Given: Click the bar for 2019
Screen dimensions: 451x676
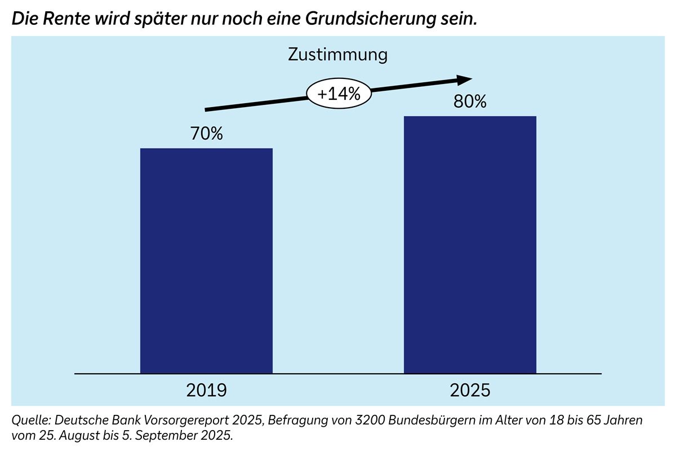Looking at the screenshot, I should [206, 260].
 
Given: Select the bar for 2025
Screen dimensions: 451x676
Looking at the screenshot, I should [470, 245].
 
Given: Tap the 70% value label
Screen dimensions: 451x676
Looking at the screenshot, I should [206, 134].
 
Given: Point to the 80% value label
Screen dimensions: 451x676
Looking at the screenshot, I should [470, 103].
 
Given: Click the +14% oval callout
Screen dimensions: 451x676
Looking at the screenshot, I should [339, 94].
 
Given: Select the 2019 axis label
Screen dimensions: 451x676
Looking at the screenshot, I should [206, 390].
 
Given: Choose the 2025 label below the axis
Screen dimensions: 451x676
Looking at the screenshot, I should [470, 390].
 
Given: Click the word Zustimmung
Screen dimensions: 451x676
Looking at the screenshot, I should [338, 55].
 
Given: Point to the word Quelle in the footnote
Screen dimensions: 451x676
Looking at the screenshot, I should [28, 421].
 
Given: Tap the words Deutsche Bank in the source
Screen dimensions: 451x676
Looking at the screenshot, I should [89, 421].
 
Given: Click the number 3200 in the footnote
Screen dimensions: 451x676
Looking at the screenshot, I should [343, 421].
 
